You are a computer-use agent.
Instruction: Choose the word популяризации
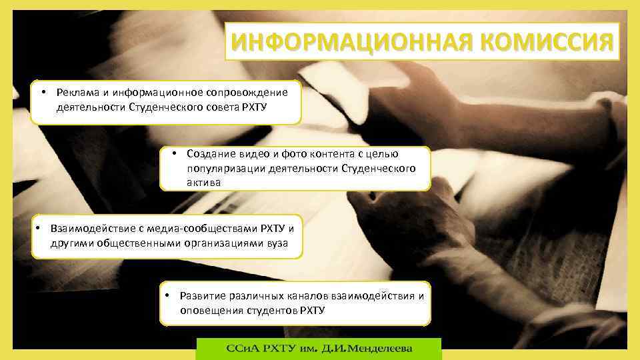pos(224,168)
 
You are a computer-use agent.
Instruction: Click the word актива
pos(203,182)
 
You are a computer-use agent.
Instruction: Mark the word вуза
pos(277,243)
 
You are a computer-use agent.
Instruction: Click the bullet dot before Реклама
pos(42,91)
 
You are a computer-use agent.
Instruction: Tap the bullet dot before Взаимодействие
pos(39,227)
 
